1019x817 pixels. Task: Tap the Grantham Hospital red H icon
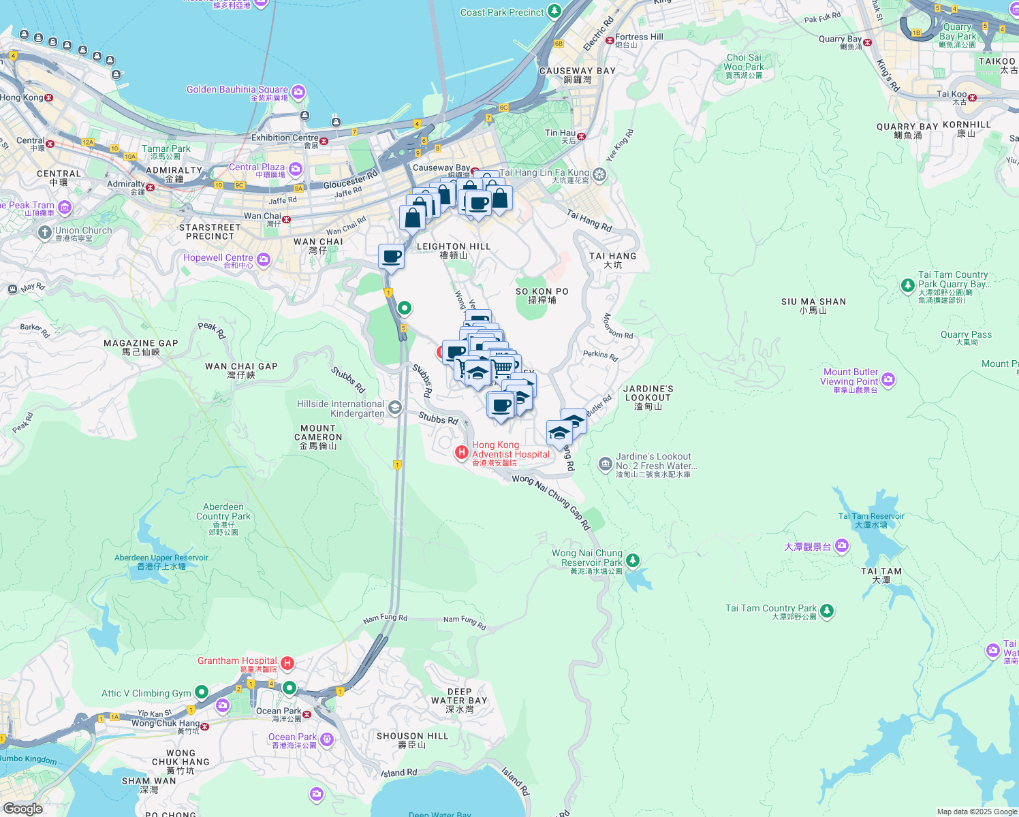[287, 663]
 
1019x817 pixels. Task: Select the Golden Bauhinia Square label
[237, 90]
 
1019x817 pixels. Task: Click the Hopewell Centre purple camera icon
[264, 260]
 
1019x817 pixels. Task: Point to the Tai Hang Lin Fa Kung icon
[599, 175]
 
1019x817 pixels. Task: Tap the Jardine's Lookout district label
[648, 397]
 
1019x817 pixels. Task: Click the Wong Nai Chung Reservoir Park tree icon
[633, 560]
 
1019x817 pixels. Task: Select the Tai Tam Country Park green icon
[827, 611]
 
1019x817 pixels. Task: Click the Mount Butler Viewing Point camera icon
[888, 379]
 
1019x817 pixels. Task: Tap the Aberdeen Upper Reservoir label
[161, 562]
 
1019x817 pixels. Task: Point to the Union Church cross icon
[45, 234]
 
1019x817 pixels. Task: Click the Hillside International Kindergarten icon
[394, 408]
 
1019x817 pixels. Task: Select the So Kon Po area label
[542, 295]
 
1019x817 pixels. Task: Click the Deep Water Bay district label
[459, 700]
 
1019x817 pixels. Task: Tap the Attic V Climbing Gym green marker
[202, 692]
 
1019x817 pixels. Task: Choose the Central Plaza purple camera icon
[295, 169]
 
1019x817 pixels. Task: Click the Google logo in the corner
[22, 809]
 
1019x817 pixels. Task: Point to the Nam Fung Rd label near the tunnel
[385, 619]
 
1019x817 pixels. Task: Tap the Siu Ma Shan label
[813, 306]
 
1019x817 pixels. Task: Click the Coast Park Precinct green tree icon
[554, 12]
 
